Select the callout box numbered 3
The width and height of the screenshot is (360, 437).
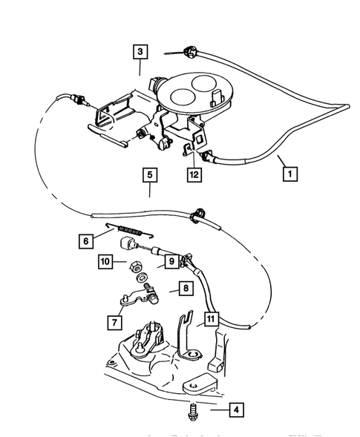click(x=139, y=53)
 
